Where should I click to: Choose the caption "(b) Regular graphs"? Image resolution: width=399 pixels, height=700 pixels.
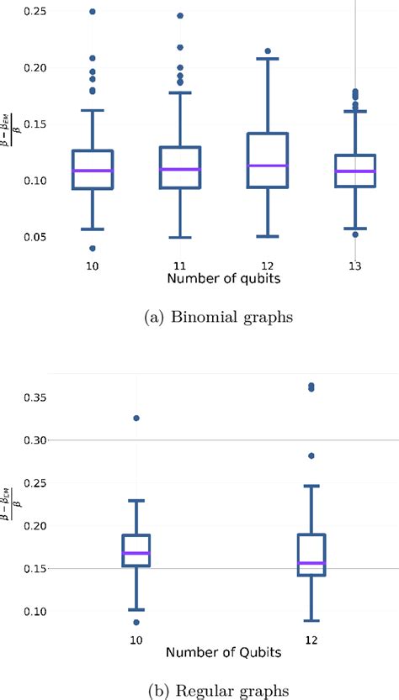199,690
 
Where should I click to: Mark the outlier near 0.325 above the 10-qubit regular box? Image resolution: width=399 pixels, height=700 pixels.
136,418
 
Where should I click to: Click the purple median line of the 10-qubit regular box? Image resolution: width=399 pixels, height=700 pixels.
136,553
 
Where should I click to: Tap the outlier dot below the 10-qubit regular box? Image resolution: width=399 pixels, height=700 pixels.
136,622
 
